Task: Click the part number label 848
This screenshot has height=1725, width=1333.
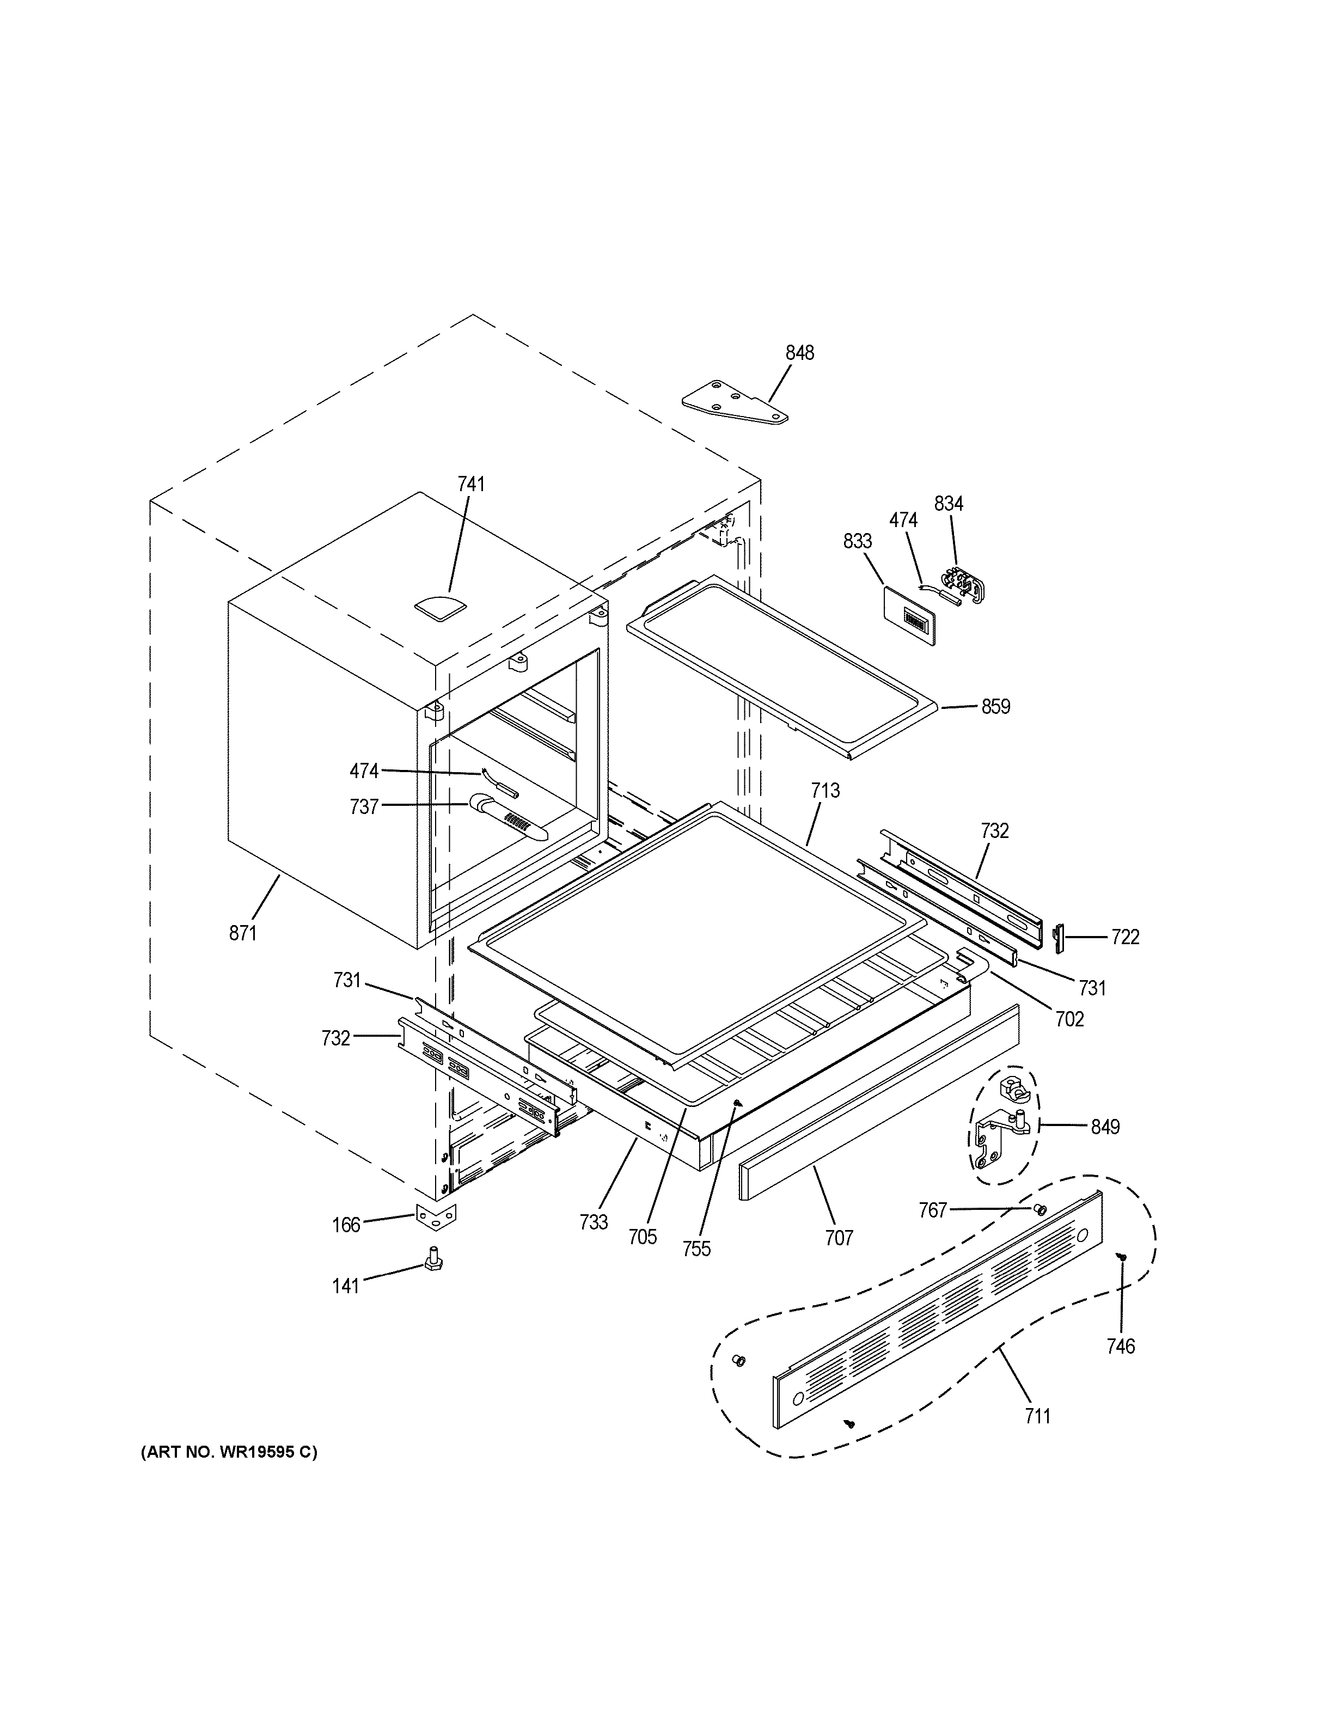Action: tap(799, 353)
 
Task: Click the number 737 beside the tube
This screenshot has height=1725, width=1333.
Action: tap(364, 807)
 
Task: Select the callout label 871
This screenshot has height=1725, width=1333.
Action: tap(243, 934)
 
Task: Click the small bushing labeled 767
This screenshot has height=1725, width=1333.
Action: tap(1040, 1209)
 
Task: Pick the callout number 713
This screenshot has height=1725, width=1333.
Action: tap(825, 791)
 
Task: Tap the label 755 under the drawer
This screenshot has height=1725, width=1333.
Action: tap(696, 1249)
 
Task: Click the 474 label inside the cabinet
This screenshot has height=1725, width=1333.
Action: tap(364, 771)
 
